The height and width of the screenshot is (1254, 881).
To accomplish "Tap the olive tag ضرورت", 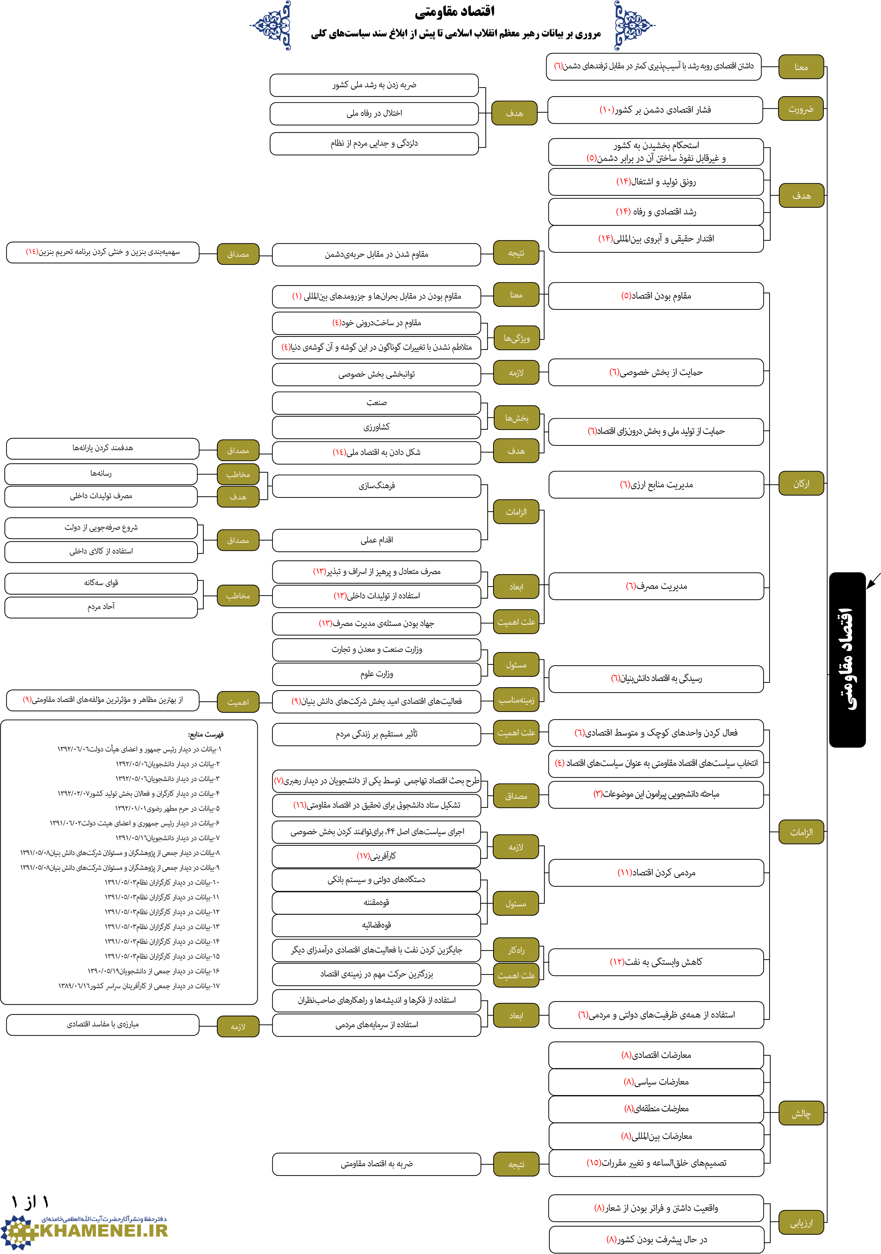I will [x=801, y=109].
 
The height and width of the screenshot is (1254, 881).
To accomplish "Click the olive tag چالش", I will [x=801, y=1114].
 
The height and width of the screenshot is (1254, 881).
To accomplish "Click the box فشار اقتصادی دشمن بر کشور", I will [x=655, y=110].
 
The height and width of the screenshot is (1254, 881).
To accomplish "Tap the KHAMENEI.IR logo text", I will [x=104, y=1230].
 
